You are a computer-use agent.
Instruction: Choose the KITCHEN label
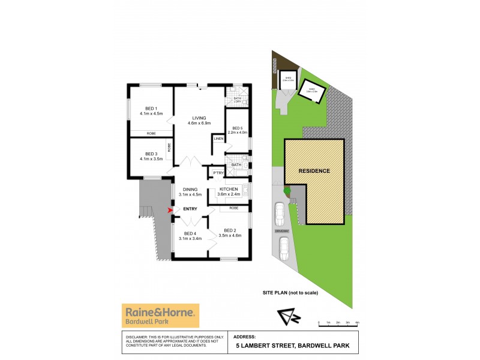pyautogui.click(x=229, y=189)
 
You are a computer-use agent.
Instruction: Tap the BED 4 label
pyautogui.click(x=191, y=233)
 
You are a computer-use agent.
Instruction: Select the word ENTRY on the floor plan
pyautogui.click(x=191, y=209)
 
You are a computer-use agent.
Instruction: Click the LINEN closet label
pyautogui.click(x=218, y=139)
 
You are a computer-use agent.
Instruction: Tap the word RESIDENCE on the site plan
pyautogui.click(x=314, y=171)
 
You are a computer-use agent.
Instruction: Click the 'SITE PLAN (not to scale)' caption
pyautogui.click(x=290, y=292)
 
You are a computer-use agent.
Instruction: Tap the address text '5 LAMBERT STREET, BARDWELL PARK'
pyautogui.click(x=292, y=346)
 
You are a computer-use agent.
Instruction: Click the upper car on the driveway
pyautogui.click(x=280, y=213)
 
